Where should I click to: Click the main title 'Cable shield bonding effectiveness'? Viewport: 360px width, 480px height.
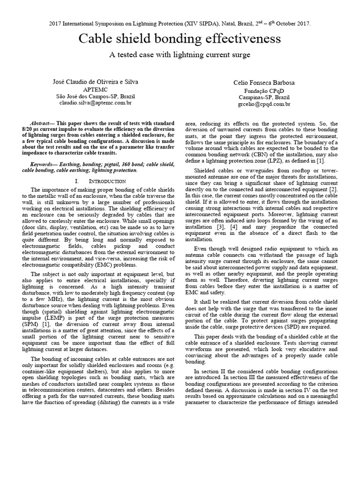point(180,39)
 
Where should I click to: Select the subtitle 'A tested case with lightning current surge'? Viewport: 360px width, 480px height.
point(180,55)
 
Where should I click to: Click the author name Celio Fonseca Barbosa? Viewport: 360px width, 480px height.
point(265,82)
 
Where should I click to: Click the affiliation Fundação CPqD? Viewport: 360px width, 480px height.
point(264,90)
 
